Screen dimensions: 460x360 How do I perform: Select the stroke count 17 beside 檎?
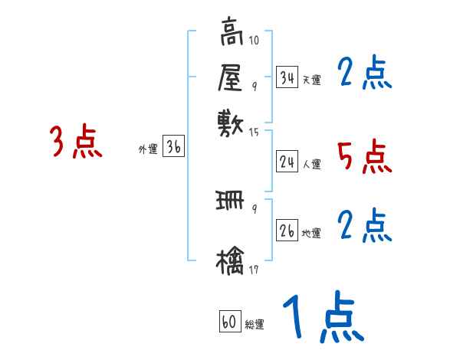pos(254,270)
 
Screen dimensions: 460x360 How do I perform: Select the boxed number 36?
pos(173,148)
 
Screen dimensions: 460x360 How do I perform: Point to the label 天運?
pos(311,80)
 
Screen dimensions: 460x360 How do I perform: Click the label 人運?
pos(312,164)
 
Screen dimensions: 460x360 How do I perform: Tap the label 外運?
pos(148,150)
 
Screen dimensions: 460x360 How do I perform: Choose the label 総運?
pos(255,325)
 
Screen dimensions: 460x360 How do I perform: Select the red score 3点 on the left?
pos(76,142)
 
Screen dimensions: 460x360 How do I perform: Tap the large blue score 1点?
pos(323,317)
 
